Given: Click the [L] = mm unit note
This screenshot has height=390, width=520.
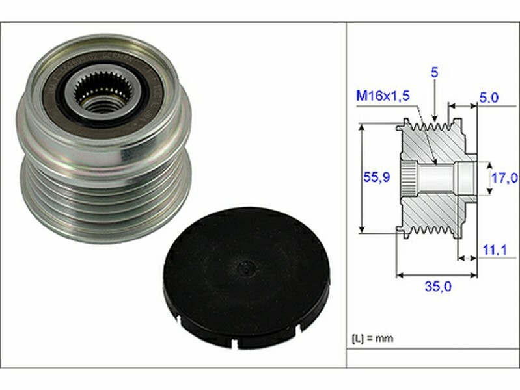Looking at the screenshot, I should point(372,339).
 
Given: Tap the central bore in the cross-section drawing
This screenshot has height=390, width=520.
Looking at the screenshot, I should point(436,177).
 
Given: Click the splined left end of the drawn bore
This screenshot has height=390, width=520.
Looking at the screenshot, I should point(408,177).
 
